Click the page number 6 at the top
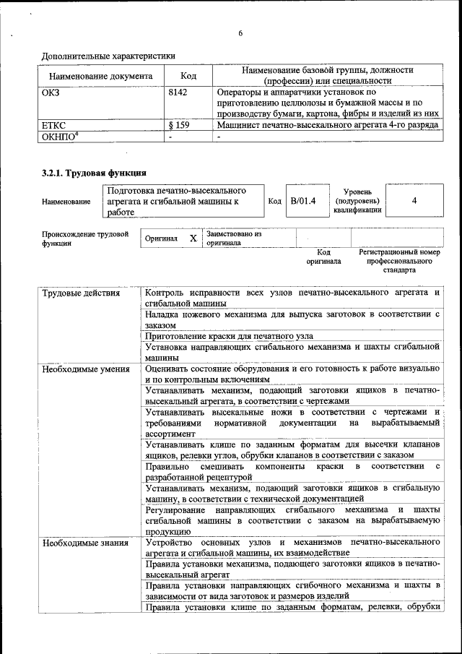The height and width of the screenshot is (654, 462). pyautogui.click(x=241, y=33)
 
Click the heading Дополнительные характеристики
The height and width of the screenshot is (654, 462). pyautogui.click(x=108, y=55)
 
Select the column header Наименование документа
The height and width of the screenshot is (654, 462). pyautogui.click(x=100, y=75)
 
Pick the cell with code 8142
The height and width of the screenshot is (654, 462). pyautogui.click(x=178, y=92)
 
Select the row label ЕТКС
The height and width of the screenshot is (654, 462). pyautogui.click(x=55, y=125)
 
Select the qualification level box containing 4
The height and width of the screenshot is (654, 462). pyautogui.click(x=414, y=200)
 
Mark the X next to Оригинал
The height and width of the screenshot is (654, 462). pyautogui.click(x=193, y=238)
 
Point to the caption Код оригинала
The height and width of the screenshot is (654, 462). pyautogui.click(x=323, y=257)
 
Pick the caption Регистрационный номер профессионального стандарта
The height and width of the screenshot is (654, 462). pyautogui.click(x=399, y=261)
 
